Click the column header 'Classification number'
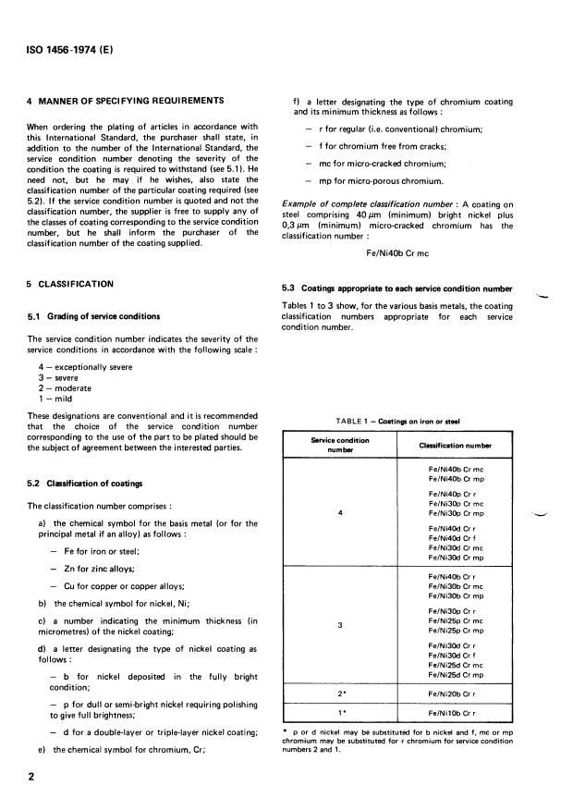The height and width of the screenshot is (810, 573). (460, 446)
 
